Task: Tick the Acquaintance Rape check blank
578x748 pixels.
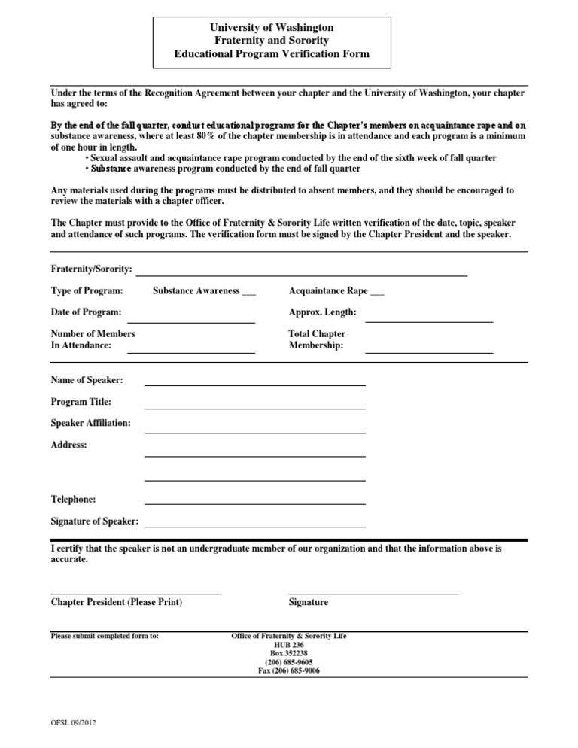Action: (x=378, y=293)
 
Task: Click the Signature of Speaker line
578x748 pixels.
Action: (x=254, y=526)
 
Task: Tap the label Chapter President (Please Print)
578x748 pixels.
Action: (x=116, y=602)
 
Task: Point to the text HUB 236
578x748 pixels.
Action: (x=289, y=645)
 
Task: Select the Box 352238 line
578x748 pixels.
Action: (x=289, y=653)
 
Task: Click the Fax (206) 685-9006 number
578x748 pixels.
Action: (x=289, y=670)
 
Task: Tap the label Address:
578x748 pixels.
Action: (x=68, y=445)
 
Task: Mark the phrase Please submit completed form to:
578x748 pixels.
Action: (x=105, y=636)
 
